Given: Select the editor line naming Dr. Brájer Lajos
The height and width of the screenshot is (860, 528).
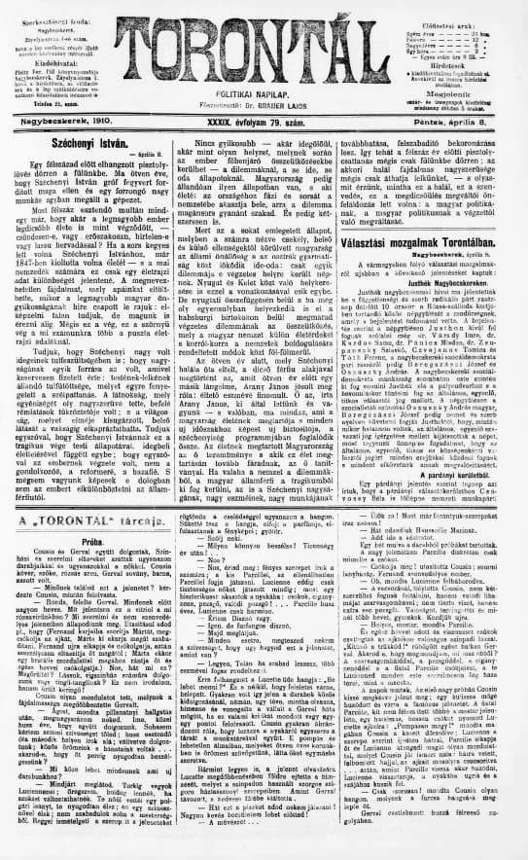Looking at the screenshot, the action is click(264, 97).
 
